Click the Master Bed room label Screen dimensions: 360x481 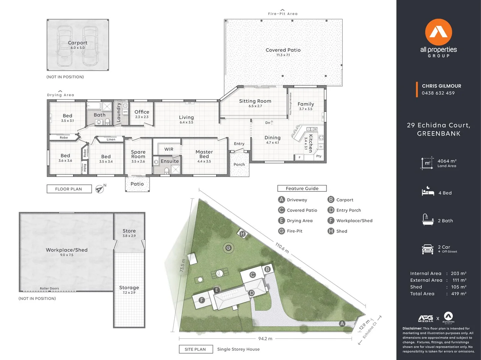tap(204, 154)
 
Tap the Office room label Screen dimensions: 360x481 tap(142, 112)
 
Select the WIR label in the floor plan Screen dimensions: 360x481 tap(169, 149)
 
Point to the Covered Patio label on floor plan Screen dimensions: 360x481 tap(283, 50)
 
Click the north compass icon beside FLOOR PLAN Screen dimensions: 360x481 tap(100, 189)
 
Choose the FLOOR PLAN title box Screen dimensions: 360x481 tap(69, 189)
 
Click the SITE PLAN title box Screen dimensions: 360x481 tap(195, 349)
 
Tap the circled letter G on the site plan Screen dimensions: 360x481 tap(228, 248)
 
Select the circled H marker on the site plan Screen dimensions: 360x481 tap(242, 234)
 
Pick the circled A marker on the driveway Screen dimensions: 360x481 tap(342, 323)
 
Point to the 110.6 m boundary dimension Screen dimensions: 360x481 tap(282, 248)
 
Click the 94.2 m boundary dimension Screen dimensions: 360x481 tap(265, 339)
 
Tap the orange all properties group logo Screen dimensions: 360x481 tap(438, 32)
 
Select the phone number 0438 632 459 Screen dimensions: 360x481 tap(438, 93)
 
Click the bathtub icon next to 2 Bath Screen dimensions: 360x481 tap(428, 220)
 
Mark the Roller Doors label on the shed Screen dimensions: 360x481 tap(49, 288)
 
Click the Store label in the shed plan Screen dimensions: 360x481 tap(129, 231)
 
